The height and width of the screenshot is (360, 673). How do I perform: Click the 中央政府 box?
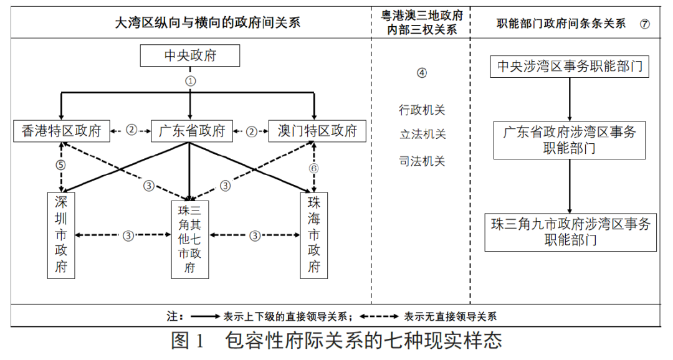190,56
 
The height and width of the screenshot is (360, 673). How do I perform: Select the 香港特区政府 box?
61,131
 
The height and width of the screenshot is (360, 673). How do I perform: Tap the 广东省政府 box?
189,131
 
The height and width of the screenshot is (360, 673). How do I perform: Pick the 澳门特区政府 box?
317,131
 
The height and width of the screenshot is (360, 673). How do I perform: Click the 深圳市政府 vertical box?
61,235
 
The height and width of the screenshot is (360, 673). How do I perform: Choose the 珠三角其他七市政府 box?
190,239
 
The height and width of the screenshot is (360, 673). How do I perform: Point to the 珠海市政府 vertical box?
314,235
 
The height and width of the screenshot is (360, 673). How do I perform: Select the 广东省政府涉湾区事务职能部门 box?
570,140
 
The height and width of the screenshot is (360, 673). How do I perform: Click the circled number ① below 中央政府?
191,81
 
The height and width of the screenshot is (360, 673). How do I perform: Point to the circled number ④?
422,72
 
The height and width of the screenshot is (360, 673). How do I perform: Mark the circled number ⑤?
60,166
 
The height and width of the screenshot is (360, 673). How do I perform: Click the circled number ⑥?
314,169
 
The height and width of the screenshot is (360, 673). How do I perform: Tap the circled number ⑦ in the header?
644,24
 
